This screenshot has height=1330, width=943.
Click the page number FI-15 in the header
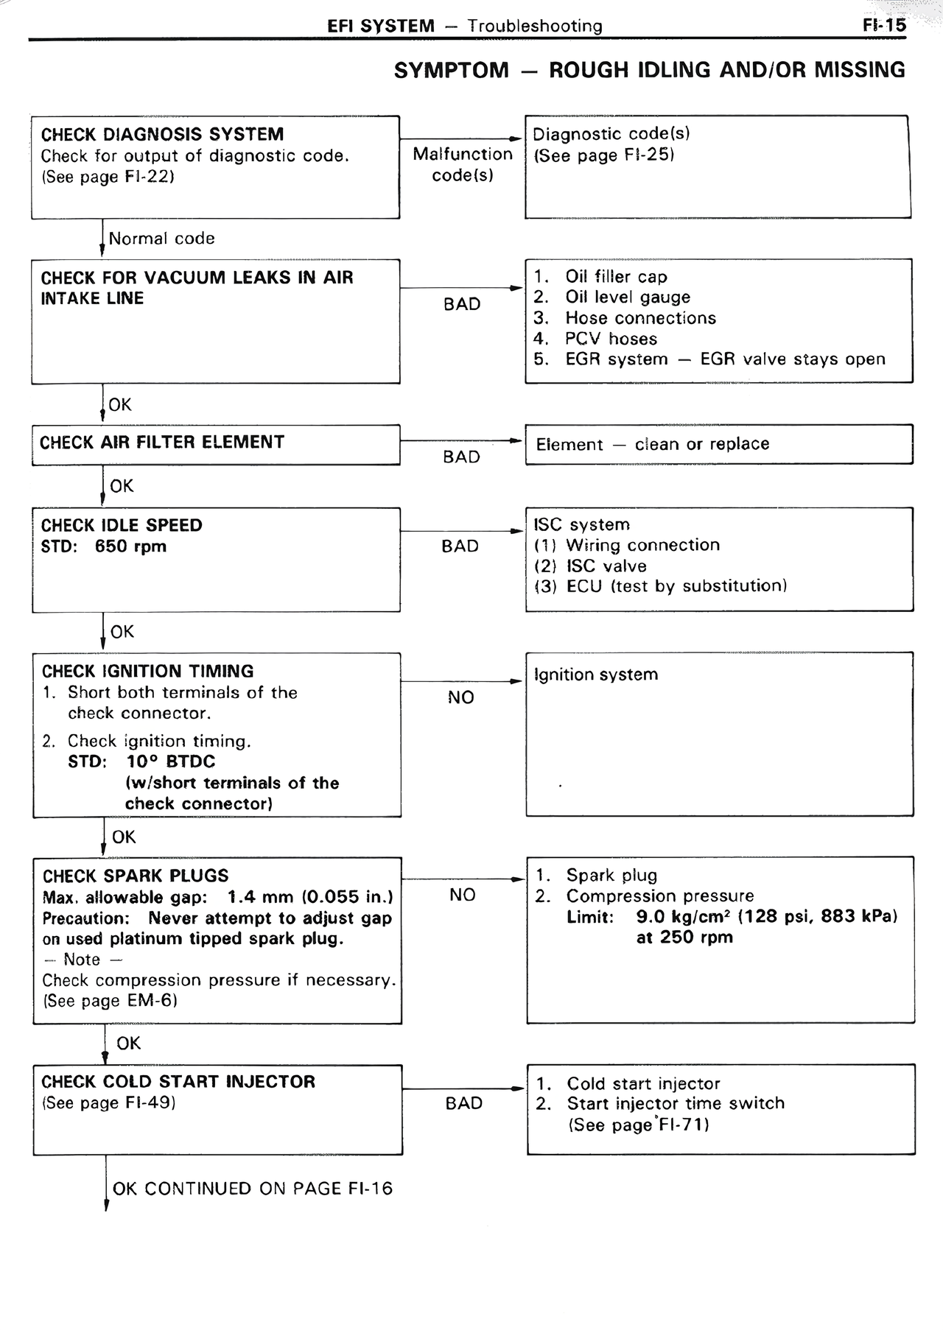click(884, 26)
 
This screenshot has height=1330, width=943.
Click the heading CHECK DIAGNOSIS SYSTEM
click(162, 135)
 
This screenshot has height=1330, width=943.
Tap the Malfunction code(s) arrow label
click(462, 164)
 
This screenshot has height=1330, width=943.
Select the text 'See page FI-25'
click(604, 155)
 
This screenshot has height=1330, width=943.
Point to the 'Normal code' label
click(161, 239)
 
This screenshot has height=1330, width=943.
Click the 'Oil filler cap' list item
click(616, 277)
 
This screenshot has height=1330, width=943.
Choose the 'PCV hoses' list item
click(611, 339)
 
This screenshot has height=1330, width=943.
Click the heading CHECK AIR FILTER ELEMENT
click(162, 443)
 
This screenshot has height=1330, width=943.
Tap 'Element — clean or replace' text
click(652, 444)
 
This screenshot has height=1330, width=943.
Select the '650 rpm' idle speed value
click(130, 546)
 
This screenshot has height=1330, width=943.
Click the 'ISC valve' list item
click(606, 566)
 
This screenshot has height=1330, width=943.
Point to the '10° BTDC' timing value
click(171, 761)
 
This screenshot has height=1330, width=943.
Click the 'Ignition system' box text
click(595, 675)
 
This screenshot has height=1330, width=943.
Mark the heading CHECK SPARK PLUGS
click(136, 876)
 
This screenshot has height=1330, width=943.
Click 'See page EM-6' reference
click(110, 1001)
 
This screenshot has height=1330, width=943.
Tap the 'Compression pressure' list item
click(660, 896)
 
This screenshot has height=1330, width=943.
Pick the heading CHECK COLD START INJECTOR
click(178, 1082)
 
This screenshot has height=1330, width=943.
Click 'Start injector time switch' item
click(676, 1103)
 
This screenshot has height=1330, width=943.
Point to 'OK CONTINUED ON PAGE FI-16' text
click(253, 1189)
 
